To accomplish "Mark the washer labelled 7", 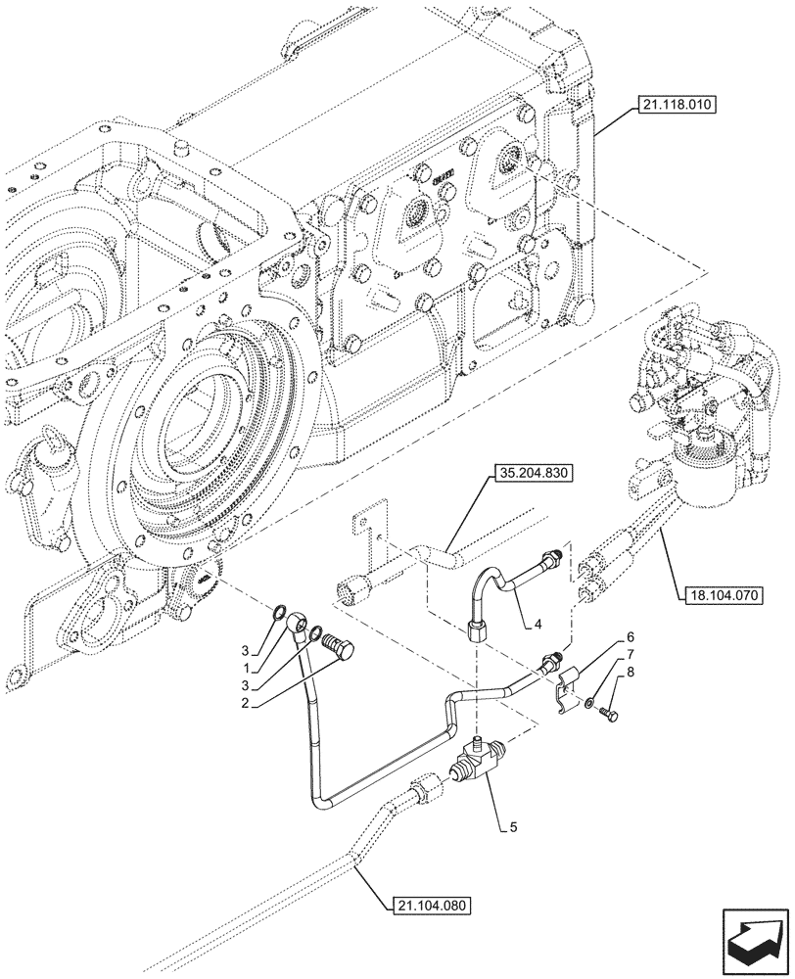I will tap(587, 702).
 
